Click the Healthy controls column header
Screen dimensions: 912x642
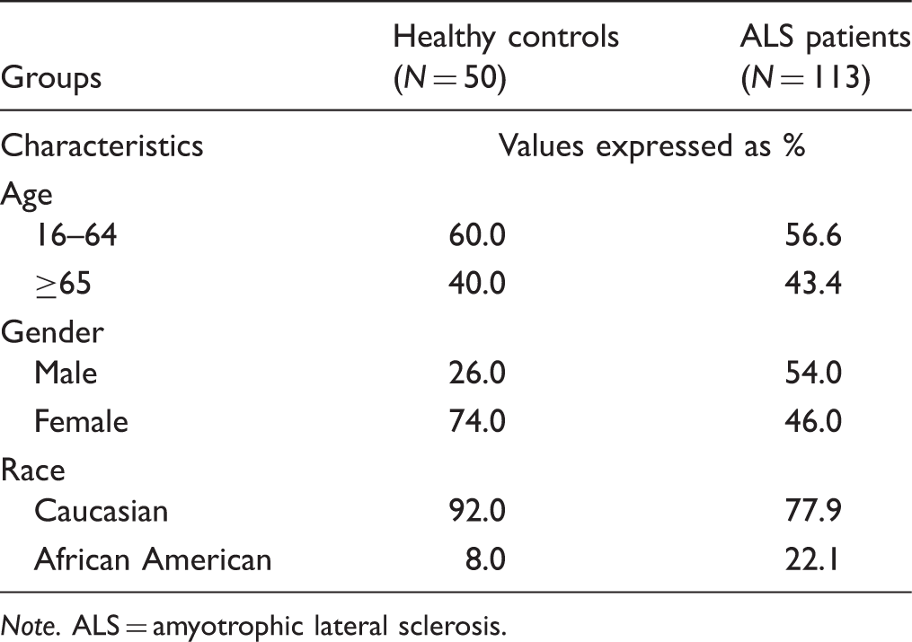[506, 57]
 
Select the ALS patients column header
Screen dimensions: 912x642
[826, 57]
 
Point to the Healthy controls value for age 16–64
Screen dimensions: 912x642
[477, 235]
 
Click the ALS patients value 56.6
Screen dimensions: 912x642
[813, 235]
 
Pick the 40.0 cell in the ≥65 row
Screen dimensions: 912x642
[477, 284]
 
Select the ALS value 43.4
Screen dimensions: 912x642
[813, 284]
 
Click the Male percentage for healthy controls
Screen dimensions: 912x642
[477, 373]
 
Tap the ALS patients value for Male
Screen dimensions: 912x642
[813, 373]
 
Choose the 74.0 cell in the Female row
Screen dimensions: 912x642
[477, 421]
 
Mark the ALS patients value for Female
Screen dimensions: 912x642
[813, 421]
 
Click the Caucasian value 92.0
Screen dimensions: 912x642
[477, 511]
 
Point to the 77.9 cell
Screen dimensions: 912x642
[813, 511]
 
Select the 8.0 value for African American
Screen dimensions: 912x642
[487, 559]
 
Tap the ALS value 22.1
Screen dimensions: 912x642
[812, 559]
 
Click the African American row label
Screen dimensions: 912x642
[153, 559]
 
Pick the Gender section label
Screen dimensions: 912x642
[52, 332]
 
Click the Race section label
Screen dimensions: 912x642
[32, 470]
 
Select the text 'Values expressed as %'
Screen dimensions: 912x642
[652, 145]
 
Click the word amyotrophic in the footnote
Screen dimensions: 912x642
[228, 627]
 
